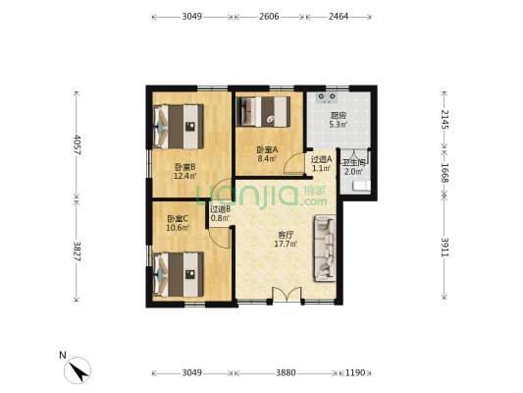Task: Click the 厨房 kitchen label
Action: (x=339, y=116)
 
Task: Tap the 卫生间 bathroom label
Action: (x=354, y=163)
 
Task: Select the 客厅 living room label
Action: (x=286, y=235)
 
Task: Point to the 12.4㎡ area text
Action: (x=184, y=176)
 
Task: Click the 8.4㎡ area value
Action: (x=267, y=158)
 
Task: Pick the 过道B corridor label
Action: (x=221, y=209)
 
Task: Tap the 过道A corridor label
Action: (x=321, y=159)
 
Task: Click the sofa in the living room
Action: (x=325, y=249)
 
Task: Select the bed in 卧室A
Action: (x=263, y=112)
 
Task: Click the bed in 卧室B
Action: (x=179, y=127)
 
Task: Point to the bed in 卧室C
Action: (x=179, y=274)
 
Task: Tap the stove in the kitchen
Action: (x=327, y=97)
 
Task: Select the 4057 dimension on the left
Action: (x=78, y=144)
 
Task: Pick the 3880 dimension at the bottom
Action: (x=286, y=372)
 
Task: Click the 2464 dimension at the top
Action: (x=339, y=17)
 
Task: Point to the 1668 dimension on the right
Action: (x=445, y=173)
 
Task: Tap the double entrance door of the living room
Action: (x=287, y=296)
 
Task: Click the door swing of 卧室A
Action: (x=294, y=163)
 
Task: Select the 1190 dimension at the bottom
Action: (x=355, y=372)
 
